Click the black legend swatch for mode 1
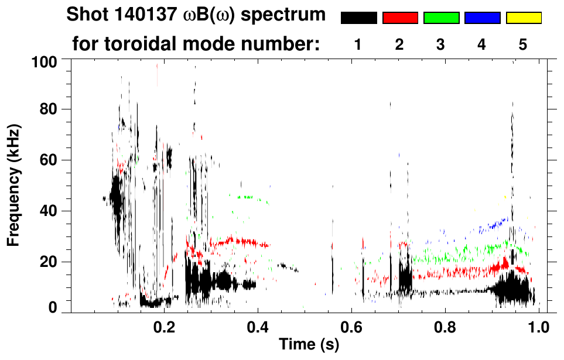tap(358, 18)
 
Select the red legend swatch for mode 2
tap(400, 18)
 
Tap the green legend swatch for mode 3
tap(441, 18)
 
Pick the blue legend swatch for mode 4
tap(482, 18)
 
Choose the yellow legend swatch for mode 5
tap(524, 18)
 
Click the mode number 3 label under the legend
tap(440, 44)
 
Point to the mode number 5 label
tap(523, 44)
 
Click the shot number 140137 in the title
tap(139, 15)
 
